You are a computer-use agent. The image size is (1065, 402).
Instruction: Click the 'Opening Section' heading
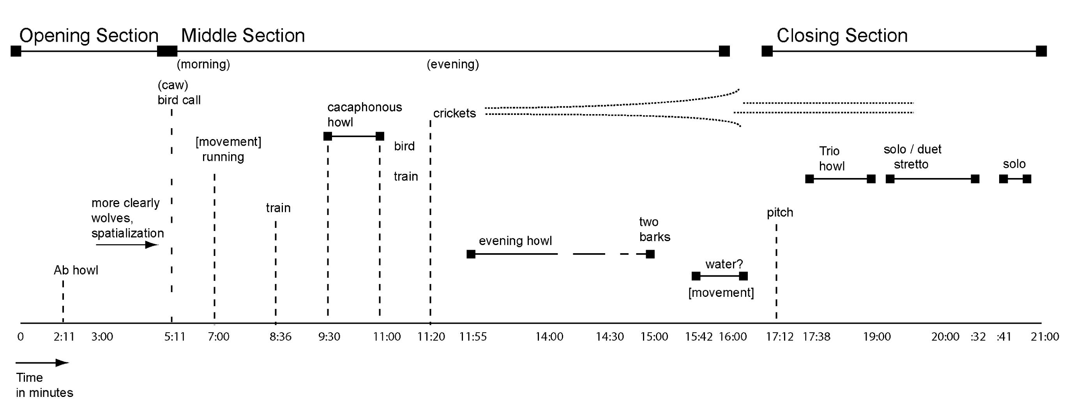pyautogui.click(x=89, y=36)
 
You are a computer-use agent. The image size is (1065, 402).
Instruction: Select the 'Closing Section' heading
pyautogui.click(x=842, y=36)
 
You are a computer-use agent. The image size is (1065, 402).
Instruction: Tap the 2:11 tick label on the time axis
pyautogui.click(x=64, y=337)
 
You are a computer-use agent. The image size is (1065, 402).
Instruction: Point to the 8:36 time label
pyautogui.click(x=280, y=337)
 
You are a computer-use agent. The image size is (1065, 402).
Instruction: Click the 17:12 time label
pyautogui.click(x=779, y=337)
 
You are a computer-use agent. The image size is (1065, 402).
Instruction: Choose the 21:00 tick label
pyautogui.click(x=1045, y=337)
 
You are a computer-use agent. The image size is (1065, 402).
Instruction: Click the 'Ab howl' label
pyautogui.click(x=76, y=270)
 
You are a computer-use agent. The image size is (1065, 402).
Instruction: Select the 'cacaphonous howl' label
pyautogui.click(x=364, y=115)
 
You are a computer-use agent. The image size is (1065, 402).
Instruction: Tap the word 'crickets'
pyautogui.click(x=454, y=113)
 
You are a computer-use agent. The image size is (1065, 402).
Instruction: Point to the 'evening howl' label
pyautogui.click(x=515, y=241)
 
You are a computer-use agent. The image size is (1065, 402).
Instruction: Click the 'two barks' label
pyautogui.click(x=654, y=230)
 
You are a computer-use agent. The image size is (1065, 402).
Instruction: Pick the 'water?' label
pyautogui.click(x=724, y=264)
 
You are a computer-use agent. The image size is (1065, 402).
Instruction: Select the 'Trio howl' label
pyautogui.click(x=832, y=159)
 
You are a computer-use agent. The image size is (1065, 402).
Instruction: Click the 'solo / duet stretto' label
pyautogui.click(x=912, y=157)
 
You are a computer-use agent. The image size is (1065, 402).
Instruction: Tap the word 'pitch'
pyautogui.click(x=780, y=212)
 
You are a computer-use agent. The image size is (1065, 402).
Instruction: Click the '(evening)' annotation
pyautogui.click(x=453, y=64)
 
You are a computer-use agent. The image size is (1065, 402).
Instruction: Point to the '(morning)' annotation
pyautogui.click(x=203, y=64)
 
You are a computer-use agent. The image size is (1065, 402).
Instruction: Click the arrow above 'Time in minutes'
pyautogui.click(x=42, y=363)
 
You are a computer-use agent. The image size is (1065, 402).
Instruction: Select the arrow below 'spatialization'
pyautogui.click(x=127, y=245)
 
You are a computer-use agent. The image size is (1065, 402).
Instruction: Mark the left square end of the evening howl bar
pyautogui.click(x=471, y=254)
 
